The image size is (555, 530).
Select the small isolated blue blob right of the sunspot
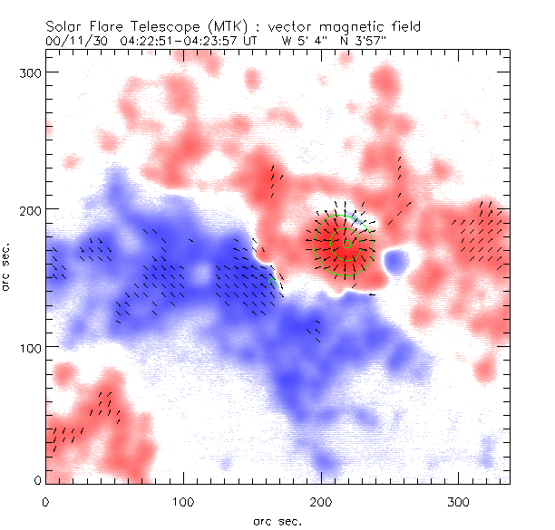396,263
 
